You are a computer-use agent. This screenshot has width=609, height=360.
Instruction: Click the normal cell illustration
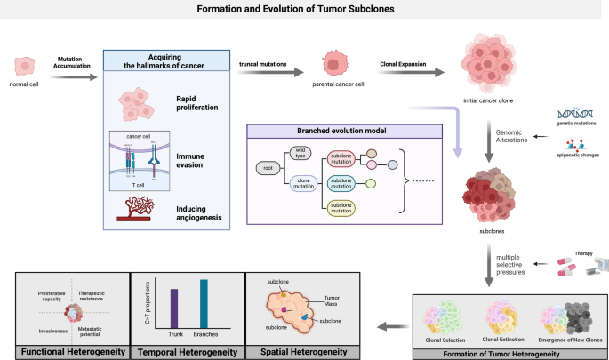(x=24, y=66)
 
